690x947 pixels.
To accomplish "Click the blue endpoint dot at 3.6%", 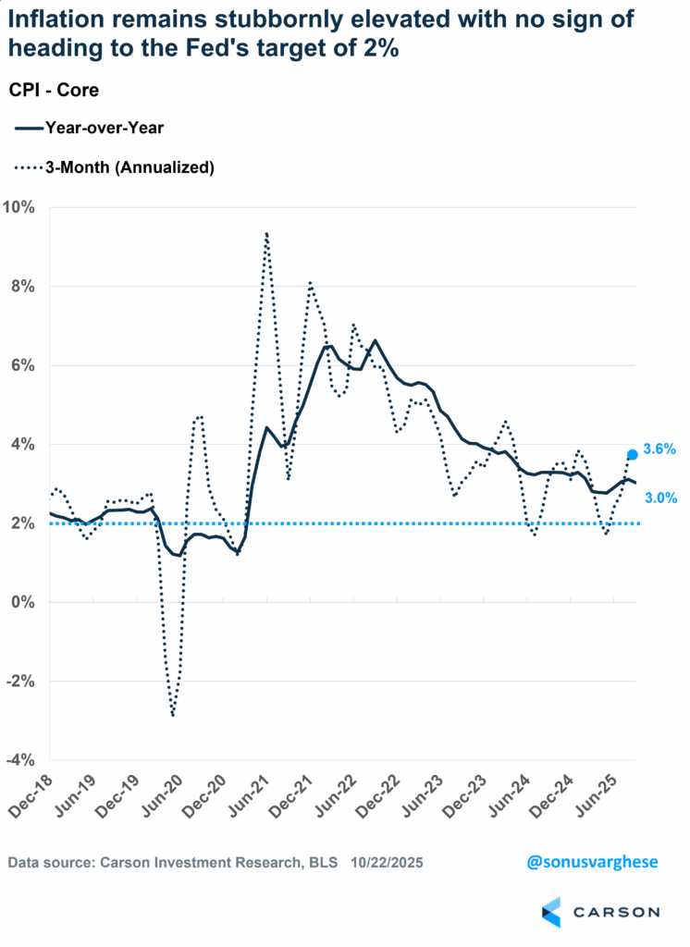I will pyautogui.click(x=633, y=455).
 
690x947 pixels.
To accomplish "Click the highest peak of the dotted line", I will pyautogui.click(x=266, y=234).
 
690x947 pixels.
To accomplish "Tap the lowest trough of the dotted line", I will pyautogui.click(x=173, y=715).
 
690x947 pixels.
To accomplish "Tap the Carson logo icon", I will pyautogui.click(x=551, y=911).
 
